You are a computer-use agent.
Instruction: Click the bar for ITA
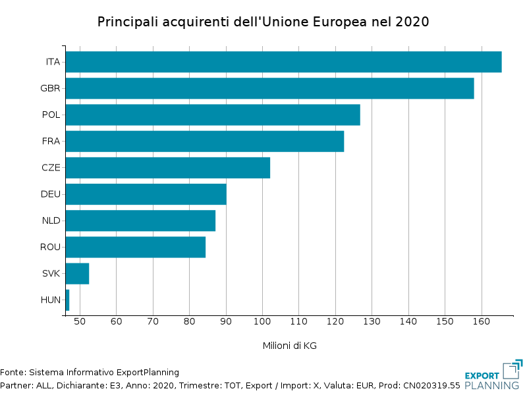pyautogui.click(x=283, y=62)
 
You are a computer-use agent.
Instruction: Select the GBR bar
pyautogui.click(x=269, y=88)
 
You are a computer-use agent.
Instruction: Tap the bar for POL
pyautogui.click(x=213, y=115)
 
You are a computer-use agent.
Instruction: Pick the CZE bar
pyautogui.click(x=167, y=168)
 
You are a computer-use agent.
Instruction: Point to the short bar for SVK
pyautogui.click(x=77, y=273)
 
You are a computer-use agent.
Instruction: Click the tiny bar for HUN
pyautogui.click(x=67, y=300)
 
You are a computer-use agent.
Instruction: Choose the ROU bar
pyautogui.click(x=135, y=247)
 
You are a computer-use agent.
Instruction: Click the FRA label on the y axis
pyautogui.click(x=51, y=141)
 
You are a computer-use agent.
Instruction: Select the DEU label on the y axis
pyautogui.click(x=50, y=194)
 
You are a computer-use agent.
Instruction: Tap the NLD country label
pyautogui.click(x=51, y=221)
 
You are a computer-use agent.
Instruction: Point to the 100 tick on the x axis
pyautogui.click(x=262, y=321)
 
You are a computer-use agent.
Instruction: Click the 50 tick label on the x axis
pyautogui.click(x=80, y=321)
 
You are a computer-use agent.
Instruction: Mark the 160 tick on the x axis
pyautogui.click(x=482, y=321)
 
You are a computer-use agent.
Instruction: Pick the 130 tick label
pyautogui.click(x=372, y=321)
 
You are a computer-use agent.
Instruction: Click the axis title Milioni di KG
pyautogui.click(x=289, y=346)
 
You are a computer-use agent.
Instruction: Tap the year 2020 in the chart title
pyautogui.click(x=412, y=22)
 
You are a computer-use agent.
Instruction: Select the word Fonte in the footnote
pyautogui.click(x=13, y=372)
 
